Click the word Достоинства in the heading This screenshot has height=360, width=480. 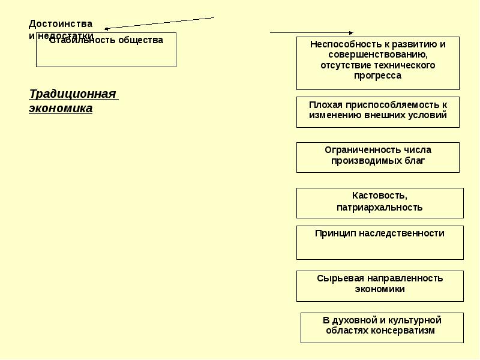(x=61, y=24)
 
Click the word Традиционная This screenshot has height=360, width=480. (x=72, y=94)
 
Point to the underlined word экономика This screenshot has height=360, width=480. (x=61, y=109)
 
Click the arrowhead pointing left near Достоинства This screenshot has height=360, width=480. (x=106, y=28)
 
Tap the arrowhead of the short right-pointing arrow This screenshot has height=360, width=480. (x=351, y=33)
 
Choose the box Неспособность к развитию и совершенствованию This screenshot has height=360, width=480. (x=377, y=63)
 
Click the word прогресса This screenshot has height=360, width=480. (x=377, y=76)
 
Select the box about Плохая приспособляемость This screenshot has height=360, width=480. (x=377, y=112)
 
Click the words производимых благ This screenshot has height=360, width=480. (x=377, y=161)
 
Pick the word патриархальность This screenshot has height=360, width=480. (x=379, y=208)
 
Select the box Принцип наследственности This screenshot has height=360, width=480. (x=379, y=242)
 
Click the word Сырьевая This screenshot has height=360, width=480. (x=338, y=278)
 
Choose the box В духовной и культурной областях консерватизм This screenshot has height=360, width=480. (x=382, y=328)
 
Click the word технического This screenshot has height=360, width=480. (x=399, y=65)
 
